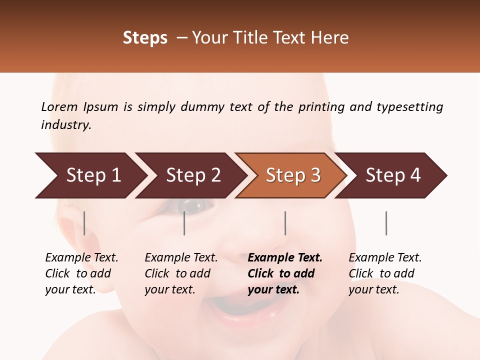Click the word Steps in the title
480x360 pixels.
[145, 38]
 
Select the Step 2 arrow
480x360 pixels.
[192, 175]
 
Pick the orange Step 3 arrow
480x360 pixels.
[292, 175]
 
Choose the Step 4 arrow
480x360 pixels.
[392, 175]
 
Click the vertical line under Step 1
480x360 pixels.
[84, 223]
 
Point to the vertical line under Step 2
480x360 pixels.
[184, 223]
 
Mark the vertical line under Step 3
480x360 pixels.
[285, 223]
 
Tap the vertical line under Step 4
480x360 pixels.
[386, 223]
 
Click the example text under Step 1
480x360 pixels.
[81, 273]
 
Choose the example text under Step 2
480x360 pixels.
[180, 273]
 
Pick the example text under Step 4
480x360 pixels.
[384, 273]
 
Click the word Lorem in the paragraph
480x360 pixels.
[59, 107]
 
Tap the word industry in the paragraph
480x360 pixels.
[65, 125]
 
